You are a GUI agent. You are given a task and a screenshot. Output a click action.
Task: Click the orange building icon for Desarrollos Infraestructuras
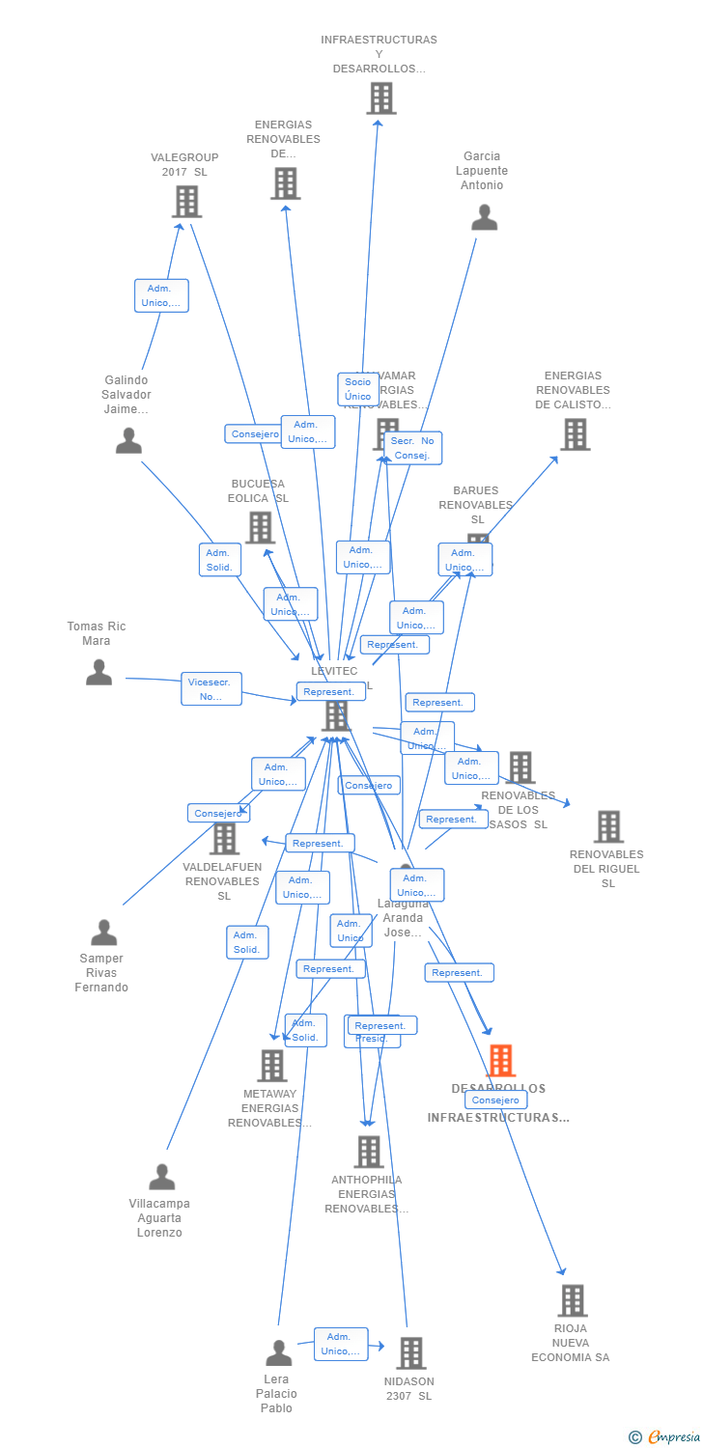pyautogui.click(x=500, y=1061)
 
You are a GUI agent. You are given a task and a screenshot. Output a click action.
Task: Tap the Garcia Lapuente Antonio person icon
pyautogui.click(x=484, y=218)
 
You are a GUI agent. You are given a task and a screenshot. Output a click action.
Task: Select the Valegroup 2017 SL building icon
pyautogui.click(x=186, y=202)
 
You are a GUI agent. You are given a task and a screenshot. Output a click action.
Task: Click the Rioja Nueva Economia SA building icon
pyautogui.click(x=573, y=1300)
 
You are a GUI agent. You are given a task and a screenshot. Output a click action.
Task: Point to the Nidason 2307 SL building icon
pyautogui.click(x=410, y=1353)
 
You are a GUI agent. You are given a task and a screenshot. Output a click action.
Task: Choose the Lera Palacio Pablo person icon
pyautogui.click(x=279, y=1353)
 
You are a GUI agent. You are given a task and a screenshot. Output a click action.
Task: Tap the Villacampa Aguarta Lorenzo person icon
pyautogui.click(x=162, y=1177)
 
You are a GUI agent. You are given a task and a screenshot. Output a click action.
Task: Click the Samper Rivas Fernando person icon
pyautogui.click(x=103, y=933)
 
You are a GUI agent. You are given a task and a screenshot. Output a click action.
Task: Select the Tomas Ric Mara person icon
pyautogui.click(x=98, y=672)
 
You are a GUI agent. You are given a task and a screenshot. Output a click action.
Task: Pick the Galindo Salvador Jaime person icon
pyautogui.click(x=128, y=441)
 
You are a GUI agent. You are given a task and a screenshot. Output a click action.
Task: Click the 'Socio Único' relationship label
pyautogui.click(x=357, y=389)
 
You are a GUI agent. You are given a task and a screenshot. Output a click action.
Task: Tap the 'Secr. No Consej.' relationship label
pyautogui.click(x=412, y=448)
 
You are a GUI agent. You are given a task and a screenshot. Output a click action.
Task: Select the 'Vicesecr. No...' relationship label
pyautogui.click(x=211, y=688)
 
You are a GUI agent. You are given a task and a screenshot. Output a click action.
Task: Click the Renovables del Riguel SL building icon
pyautogui.click(x=608, y=826)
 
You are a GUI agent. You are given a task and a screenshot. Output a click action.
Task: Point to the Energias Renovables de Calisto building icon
pyautogui.click(x=576, y=434)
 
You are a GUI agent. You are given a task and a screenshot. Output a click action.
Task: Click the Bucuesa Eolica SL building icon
pyautogui.click(x=260, y=527)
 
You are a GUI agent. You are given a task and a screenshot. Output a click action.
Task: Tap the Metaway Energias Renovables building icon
pyautogui.click(x=272, y=1066)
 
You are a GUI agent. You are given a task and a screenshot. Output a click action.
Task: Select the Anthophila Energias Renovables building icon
pyautogui.click(x=368, y=1152)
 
